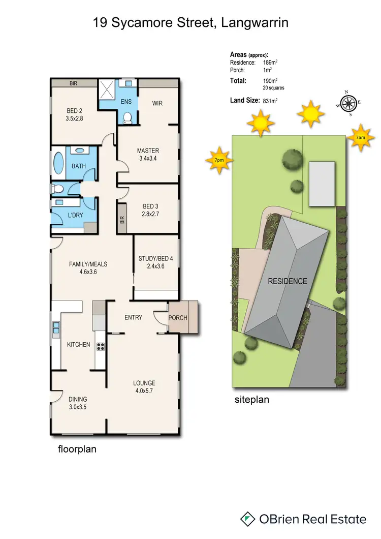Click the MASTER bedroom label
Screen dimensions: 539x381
tap(148, 151)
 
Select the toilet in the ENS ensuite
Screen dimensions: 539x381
tap(128, 117)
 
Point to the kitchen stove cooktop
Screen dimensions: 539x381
tap(101, 348)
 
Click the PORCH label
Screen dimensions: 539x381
tap(177, 318)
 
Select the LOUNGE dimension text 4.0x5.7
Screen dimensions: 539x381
tap(144, 392)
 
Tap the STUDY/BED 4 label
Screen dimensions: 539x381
tap(155, 258)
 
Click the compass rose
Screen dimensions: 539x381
tap(348, 103)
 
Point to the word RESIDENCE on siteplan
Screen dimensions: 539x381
tap(288, 281)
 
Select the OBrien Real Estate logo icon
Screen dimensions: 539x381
tap(247, 519)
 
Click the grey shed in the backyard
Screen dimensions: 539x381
tap(322, 184)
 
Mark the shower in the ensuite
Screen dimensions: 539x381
tap(107, 89)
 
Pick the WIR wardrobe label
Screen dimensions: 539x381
tap(157, 103)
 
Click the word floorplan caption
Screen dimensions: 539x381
tap(76, 450)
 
